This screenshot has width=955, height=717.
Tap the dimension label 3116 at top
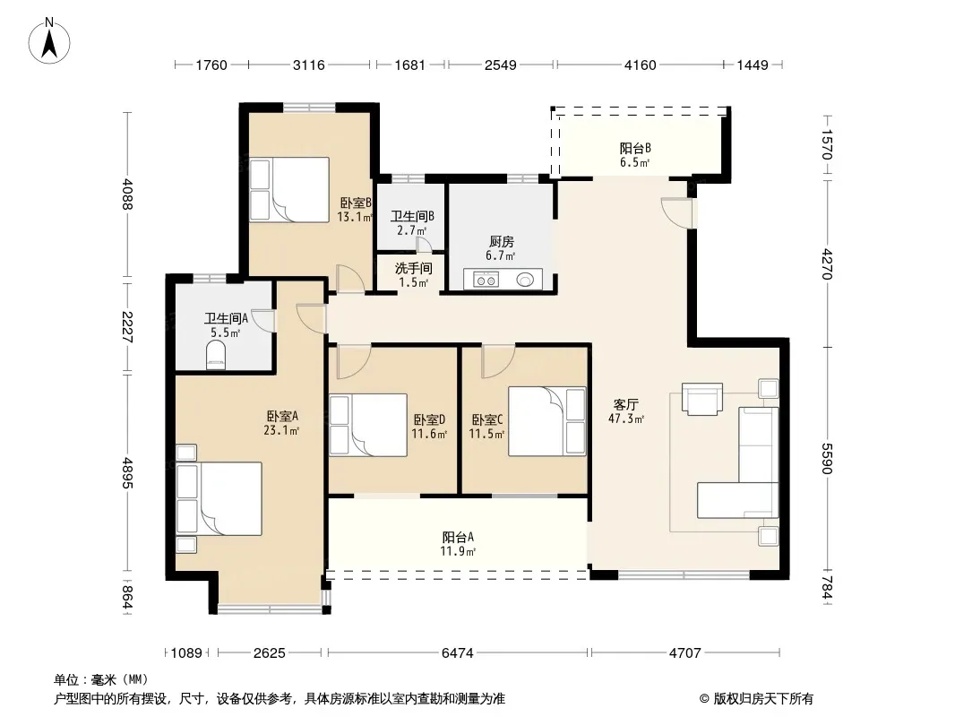pos(309,65)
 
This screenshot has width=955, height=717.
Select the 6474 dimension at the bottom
pos(458,653)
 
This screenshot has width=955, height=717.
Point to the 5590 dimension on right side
pos(826,458)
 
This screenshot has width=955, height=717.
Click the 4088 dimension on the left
pos(126,194)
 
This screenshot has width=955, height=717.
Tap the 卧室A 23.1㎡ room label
pos(282,423)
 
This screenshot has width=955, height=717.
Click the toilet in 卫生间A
pos(216,355)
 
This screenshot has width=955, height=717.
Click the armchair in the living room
pos(702,399)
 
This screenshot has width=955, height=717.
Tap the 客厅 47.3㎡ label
pos(626,411)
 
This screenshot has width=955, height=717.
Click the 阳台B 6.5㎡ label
pos(635,155)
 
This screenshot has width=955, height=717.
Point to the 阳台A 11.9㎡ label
pos(458,544)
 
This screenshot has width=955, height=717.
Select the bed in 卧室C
pos(547,421)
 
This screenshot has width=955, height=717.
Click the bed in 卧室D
pos(368,425)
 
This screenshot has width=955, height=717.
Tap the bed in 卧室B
pos(289,189)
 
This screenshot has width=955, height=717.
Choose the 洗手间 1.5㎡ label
pos(414,275)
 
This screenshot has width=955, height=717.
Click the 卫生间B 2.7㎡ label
pos(412,223)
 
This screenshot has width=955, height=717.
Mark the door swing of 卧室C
pos(498,361)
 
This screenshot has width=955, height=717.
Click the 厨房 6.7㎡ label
pos(502,248)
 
